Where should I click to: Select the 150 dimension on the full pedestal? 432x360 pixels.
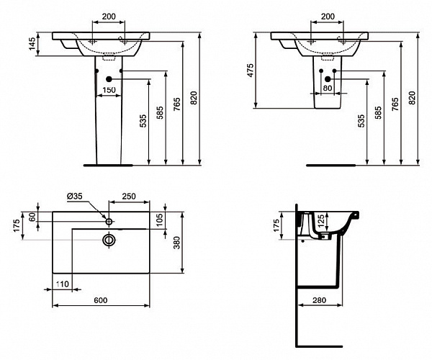pyautogui.click(x=108, y=90)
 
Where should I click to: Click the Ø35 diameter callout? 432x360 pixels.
pyautogui.click(x=76, y=197)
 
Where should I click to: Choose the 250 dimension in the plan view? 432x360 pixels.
pyautogui.click(x=130, y=197)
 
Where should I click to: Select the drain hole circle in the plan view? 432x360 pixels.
pyautogui.click(x=109, y=238)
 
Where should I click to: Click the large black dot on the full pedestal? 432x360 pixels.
pyautogui.click(x=109, y=78)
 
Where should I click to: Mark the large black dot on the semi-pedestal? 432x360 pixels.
pyautogui.click(x=328, y=78)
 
